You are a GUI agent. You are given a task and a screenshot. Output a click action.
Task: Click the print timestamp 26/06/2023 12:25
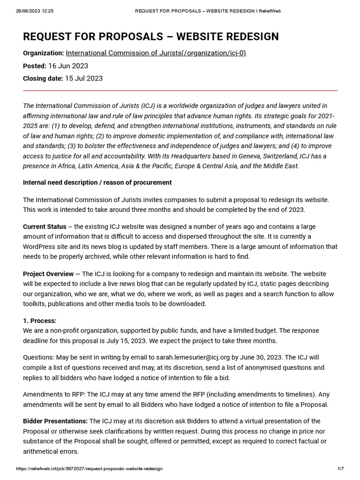coord(35,11)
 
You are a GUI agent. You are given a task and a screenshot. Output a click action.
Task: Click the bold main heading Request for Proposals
coord(150,37)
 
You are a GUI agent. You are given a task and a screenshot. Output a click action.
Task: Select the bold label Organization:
coord(43,53)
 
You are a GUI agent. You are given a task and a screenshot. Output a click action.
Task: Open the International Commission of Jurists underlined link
coord(156,53)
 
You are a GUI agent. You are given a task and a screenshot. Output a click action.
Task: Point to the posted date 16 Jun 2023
coord(68,66)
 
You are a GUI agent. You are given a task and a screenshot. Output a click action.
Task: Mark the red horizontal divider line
coord(180,90)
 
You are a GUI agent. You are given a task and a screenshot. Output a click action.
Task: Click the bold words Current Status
coord(45,226)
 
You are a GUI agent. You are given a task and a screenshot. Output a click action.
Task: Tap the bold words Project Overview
coord(48,274)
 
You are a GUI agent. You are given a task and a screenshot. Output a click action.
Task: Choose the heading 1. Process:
coord(39,321)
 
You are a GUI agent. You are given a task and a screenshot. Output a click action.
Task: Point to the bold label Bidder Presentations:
coord(55,421)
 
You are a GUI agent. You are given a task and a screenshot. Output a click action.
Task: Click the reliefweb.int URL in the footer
coord(89,469)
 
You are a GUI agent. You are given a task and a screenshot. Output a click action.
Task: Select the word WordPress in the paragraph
coord(41,247)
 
